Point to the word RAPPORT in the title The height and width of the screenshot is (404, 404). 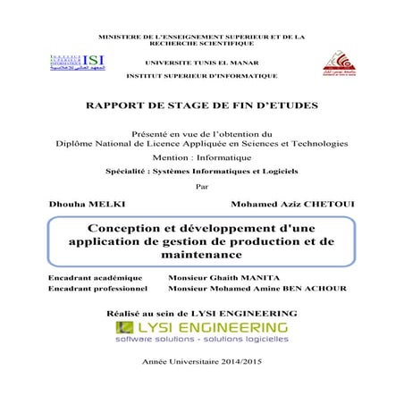[x=118, y=106]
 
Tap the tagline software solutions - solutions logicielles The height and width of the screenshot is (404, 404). [x=201, y=341]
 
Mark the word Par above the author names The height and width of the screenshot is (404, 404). [x=200, y=187]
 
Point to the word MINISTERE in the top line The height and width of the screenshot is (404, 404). [x=125, y=36]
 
